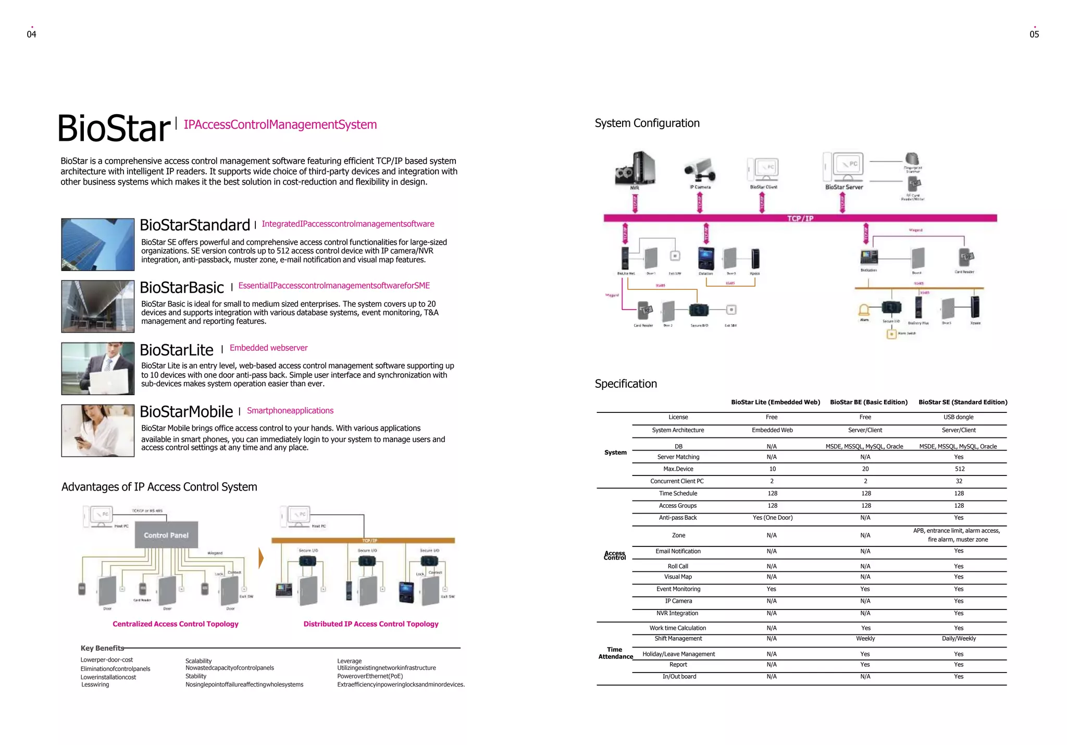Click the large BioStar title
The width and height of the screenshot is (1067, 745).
pyautogui.click(x=114, y=128)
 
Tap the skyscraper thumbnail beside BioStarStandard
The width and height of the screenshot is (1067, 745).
pyautogui.click(x=98, y=245)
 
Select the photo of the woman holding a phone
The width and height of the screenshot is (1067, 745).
pyautogui.click(x=98, y=431)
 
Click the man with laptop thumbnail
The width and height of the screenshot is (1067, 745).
pyautogui.click(x=98, y=369)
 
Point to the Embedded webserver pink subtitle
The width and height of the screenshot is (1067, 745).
pyautogui.click(x=268, y=348)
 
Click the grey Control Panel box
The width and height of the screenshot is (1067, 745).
pyautogui.click(x=166, y=535)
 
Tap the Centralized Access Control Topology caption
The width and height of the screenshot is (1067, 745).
pyautogui.click(x=176, y=624)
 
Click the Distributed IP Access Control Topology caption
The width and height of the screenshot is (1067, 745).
pyautogui.click(x=371, y=624)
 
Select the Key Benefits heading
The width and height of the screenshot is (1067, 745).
pyautogui.click(x=102, y=648)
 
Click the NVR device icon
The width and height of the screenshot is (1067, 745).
pyautogui.click(x=635, y=168)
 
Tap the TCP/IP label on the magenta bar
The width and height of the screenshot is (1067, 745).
pyautogui.click(x=800, y=218)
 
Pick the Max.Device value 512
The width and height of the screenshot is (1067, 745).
pyautogui.click(x=960, y=469)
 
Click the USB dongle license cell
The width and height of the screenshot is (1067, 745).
pyautogui.click(x=959, y=417)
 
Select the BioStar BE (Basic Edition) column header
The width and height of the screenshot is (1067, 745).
pyautogui.click(x=869, y=402)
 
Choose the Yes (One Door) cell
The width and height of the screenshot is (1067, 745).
pyautogui.click(x=772, y=518)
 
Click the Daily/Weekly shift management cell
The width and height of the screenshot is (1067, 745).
pyautogui.click(x=959, y=639)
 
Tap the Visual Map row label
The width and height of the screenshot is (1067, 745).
pyautogui.click(x=678, y=577)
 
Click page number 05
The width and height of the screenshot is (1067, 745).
pyautogui.click(x=1034, y=34)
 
